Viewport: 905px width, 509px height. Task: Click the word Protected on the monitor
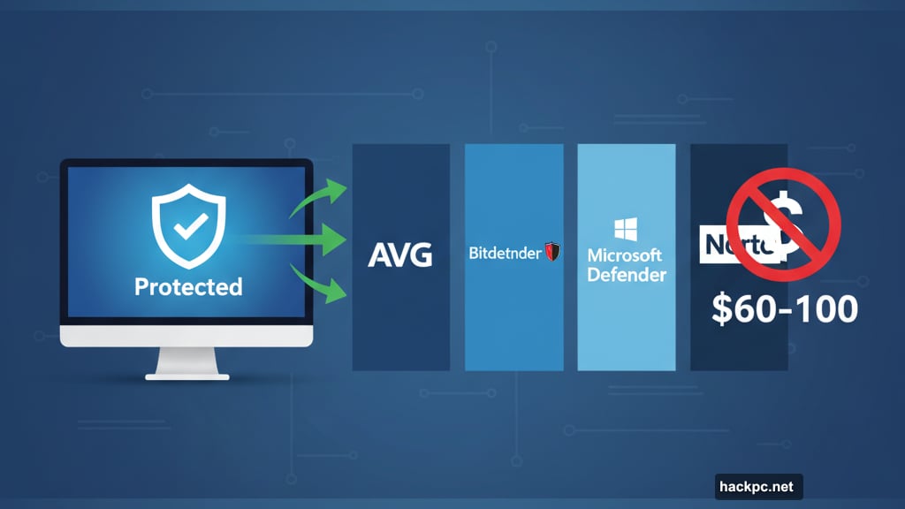(x=187, y=287)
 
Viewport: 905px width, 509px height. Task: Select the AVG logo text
(x=400, y=255)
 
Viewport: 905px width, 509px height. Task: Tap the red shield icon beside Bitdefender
(x=553, y=254)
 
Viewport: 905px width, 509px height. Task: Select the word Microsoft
(x=625, y=255)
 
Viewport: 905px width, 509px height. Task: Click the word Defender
(x=627, y=275)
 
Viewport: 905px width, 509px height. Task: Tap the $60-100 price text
(x=785, y=310)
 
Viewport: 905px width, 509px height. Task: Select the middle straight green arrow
(x=300, y=238)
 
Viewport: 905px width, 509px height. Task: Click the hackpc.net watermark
(x=758, y=485)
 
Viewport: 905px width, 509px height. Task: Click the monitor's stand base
(x=187, y=376)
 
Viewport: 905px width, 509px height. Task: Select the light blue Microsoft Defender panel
(x=626, y=336)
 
